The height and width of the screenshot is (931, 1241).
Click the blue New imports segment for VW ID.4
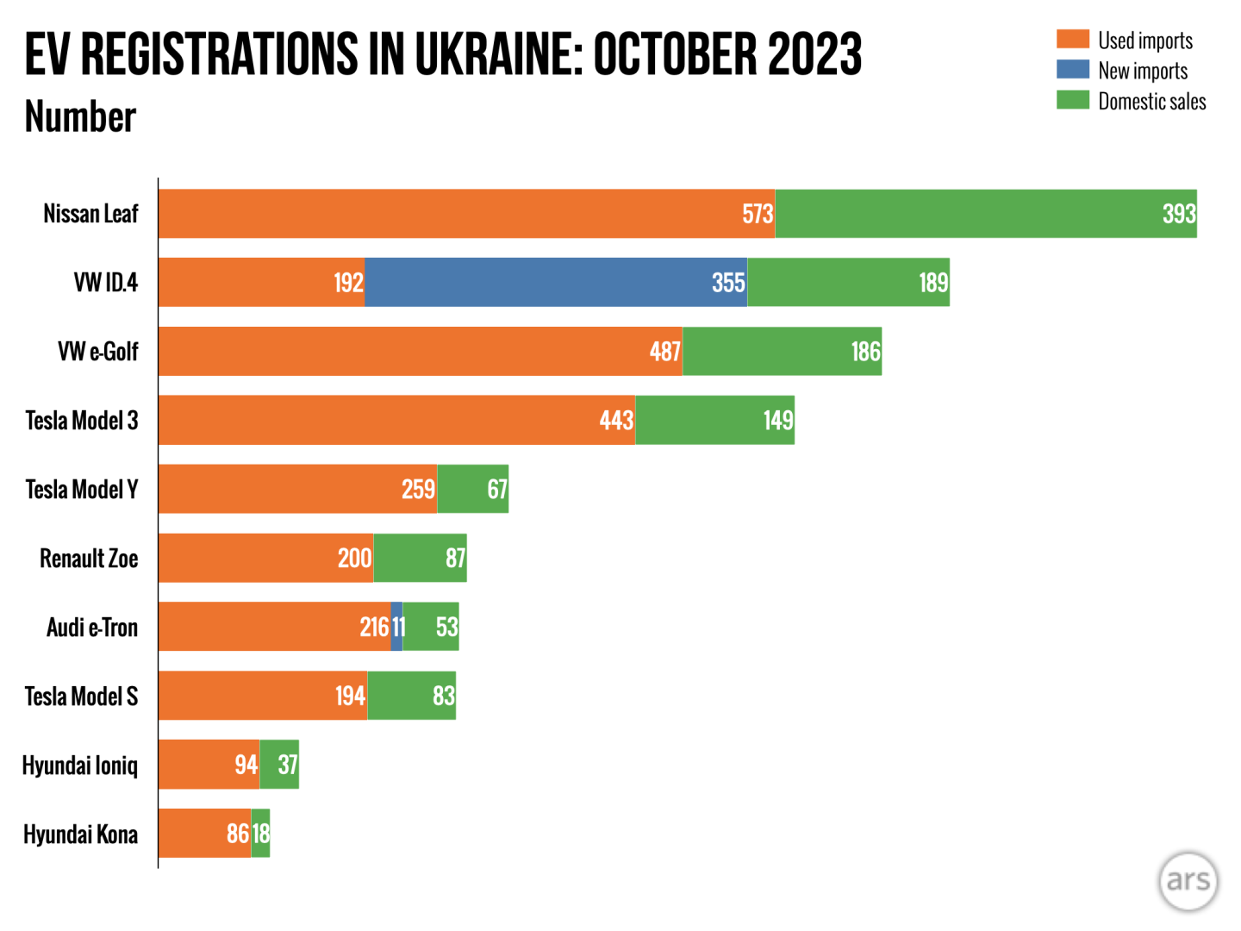click(556, 282)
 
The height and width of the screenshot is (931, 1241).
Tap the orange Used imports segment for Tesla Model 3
click(396, 420)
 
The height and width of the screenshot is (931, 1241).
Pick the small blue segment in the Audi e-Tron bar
click(396, 627)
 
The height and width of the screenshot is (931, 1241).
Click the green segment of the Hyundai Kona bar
click(260, 834)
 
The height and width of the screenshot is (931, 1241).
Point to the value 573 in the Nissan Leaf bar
click(758, 214)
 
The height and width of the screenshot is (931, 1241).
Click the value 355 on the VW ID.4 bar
click(728, 283)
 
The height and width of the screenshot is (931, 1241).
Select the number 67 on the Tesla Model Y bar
click(497, 490)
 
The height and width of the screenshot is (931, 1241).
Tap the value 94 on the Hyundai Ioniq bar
click(246, 765)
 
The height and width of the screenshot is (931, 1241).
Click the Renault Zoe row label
click(89, 559)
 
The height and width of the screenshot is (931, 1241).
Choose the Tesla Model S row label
click(81, 697)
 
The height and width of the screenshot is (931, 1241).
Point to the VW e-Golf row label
click(97, 352)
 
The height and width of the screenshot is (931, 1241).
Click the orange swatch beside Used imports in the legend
click(1073, 40)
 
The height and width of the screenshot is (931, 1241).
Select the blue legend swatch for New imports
click(1073, 70)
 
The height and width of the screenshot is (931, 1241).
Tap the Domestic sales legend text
click(1151, 102)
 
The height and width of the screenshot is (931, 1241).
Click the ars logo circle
click(1188, 881)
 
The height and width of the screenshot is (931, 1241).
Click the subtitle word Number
click(80, 117)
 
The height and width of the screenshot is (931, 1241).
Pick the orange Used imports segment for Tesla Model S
click(263, 696)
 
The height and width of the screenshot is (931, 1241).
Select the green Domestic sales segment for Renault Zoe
click(420, 558)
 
